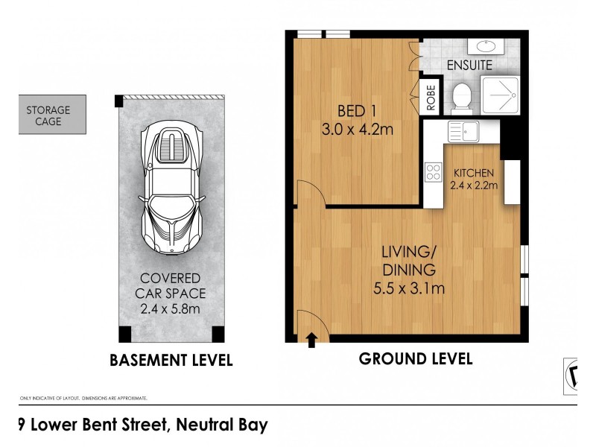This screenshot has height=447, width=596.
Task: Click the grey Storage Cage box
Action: coord(52,115)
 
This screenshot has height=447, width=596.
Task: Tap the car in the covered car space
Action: coord(171,186)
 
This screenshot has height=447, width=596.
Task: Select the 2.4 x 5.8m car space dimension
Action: coord(171,308)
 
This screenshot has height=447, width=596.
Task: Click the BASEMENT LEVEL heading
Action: coord(171,361)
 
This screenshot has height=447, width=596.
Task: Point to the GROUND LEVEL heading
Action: coord(416,359)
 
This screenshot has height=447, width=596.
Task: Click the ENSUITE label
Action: coord(469,66)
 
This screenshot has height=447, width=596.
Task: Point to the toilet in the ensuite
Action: coord(462,95)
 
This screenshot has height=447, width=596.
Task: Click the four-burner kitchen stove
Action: coord(433,173)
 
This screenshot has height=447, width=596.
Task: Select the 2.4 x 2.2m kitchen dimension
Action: coord(475,186)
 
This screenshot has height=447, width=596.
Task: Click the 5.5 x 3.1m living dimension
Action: coord(409,288)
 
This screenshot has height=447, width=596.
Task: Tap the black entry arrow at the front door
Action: coord(311,341)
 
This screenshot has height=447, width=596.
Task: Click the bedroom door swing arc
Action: coord(309,192)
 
